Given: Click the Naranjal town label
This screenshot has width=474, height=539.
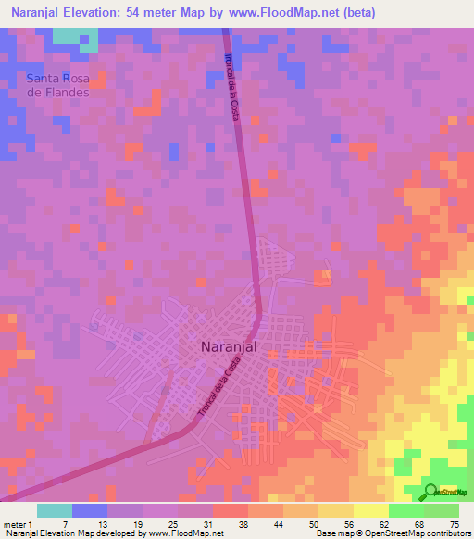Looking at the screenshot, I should tap(228, 348).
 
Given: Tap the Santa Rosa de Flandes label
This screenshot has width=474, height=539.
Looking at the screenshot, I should tap(57, 85).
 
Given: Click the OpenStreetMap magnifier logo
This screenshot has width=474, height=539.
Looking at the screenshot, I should tap(431, 492).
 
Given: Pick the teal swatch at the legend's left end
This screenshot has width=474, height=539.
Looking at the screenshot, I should tap(55, 510).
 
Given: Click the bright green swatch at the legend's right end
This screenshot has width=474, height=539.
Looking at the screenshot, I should tap(442, 510).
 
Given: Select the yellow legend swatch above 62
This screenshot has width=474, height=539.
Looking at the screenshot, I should tap(371, 510).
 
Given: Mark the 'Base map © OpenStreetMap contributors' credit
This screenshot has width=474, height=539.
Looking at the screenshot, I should tap(391, 533).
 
